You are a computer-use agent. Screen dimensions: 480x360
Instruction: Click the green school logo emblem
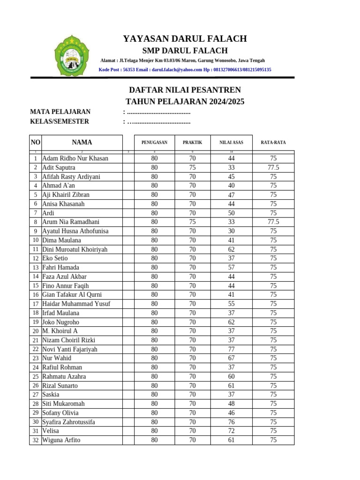71,57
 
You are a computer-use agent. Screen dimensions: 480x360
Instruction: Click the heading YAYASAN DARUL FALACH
185,39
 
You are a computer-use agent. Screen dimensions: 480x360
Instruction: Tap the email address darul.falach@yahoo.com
176,70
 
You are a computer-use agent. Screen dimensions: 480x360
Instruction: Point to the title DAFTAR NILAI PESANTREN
185,90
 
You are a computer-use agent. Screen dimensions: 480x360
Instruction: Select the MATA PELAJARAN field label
60,112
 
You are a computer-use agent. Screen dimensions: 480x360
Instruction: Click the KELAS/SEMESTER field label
60,121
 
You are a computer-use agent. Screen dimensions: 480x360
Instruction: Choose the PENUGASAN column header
154,142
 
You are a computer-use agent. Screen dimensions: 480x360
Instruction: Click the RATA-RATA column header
273,142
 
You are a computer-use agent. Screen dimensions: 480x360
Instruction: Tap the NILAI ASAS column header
231,142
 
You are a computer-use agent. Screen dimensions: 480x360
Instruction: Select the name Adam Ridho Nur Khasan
75,158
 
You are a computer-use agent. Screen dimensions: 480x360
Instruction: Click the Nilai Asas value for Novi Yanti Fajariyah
231,349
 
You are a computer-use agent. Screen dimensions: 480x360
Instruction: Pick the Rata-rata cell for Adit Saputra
273,167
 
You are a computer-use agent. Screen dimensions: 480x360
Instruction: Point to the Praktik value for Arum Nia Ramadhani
192,222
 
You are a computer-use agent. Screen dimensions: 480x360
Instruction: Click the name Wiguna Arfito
61,440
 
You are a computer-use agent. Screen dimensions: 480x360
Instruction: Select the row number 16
35,295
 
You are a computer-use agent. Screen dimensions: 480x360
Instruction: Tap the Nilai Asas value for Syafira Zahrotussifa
231,422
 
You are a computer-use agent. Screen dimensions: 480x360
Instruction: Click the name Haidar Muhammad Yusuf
76,304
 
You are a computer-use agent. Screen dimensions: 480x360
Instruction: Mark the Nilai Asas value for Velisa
231,431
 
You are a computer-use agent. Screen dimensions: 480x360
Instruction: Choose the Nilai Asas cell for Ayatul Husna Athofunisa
231,231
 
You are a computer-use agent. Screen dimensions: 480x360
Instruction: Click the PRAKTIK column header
192,142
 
